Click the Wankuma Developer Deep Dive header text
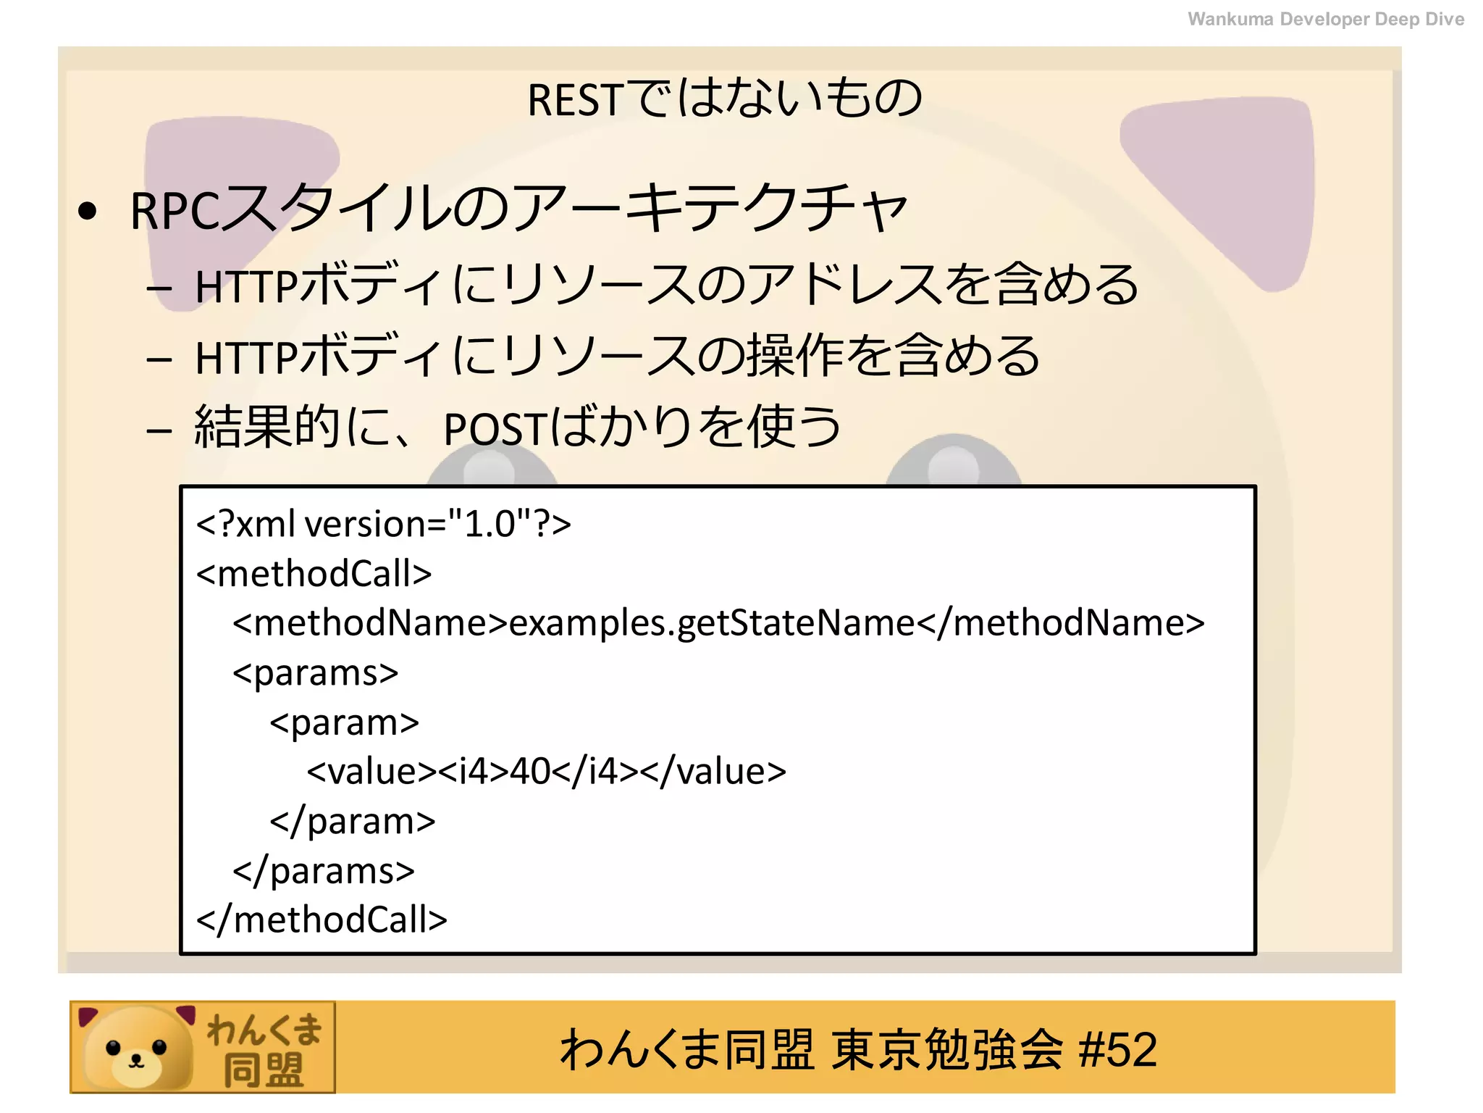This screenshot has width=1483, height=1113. [1325, 20]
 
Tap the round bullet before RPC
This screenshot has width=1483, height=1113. [88, 211]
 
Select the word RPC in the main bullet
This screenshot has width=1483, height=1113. [175, 211]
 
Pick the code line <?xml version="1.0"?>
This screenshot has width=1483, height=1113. [384, 524]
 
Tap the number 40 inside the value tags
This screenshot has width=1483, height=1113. [530, 771]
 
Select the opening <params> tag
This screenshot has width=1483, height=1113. [315, 673]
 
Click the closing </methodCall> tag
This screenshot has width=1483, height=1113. [322, 920]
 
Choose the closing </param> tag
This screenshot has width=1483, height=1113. [353, 821]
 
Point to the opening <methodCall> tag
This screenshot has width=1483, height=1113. [314, 574]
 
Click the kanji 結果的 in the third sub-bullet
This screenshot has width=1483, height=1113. [268, 427]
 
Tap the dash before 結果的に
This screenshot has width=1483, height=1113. [159, 431]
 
